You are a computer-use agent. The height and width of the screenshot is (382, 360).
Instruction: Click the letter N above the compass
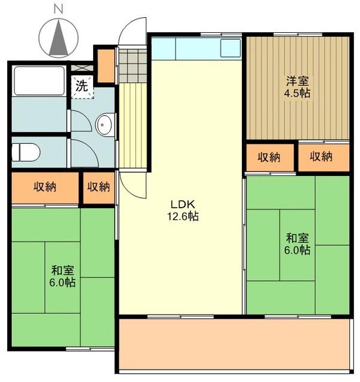[x=59, y=8]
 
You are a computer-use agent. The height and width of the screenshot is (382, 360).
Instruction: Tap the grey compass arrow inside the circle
[x=59, y=37]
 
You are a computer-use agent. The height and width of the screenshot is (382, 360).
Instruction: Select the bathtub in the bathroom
[x=39, y=80]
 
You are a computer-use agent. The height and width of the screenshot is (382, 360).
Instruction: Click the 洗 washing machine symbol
[x=82, y=85]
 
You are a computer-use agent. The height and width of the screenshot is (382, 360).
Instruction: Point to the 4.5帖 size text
[x=297, y=93]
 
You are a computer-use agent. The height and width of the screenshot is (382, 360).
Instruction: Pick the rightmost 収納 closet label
[x=321, y=158]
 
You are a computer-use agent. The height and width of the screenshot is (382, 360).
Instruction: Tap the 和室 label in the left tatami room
[x=62, y=269]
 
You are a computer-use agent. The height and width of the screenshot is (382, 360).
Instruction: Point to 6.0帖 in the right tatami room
[x=297, y=251]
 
